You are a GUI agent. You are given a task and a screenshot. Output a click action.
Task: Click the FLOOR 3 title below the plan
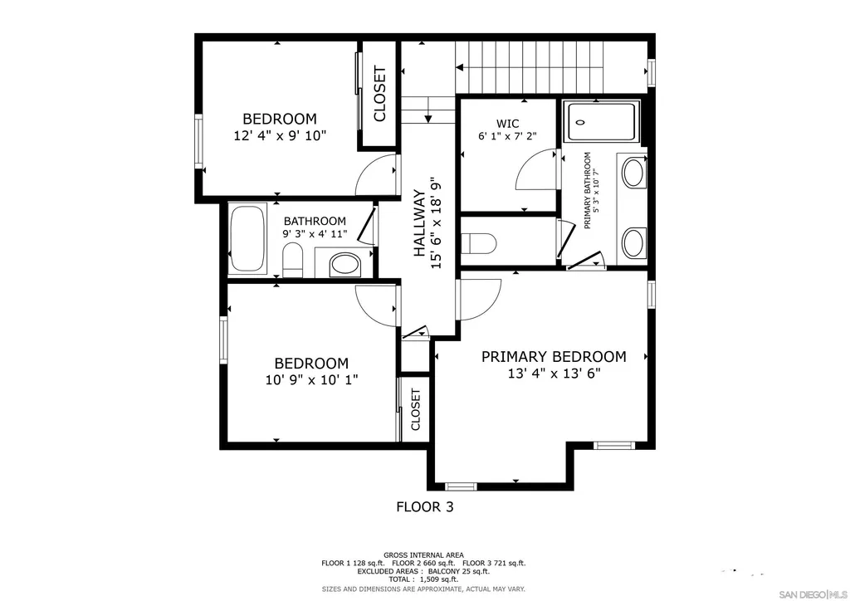[424, 506]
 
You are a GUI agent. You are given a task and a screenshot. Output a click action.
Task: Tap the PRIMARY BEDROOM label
[554, 357]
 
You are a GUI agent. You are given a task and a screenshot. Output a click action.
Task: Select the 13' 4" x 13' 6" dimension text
[554, 374]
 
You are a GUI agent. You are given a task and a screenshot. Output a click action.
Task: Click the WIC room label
[507, 124]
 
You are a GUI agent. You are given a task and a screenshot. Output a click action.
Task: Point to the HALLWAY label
[419, 222]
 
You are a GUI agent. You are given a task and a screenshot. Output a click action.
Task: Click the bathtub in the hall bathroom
[247, 238]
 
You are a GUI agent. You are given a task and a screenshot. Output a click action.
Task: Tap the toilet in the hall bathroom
[293, 260]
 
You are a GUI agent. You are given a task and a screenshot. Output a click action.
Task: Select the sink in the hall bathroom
[344, 265]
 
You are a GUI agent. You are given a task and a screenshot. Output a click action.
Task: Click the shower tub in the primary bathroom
[602, 121]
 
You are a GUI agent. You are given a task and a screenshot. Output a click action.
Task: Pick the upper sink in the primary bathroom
[633, 173]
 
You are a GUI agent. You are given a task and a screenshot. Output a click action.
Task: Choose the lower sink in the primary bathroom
[633, 242]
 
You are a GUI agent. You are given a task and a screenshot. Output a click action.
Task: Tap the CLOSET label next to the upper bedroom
[379, 94]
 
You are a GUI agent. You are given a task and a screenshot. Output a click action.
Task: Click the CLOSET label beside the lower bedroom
[416, 410]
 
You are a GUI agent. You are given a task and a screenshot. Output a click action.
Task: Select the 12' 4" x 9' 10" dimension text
[280, 135]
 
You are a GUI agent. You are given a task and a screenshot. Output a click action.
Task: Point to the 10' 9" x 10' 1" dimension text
[311, 380]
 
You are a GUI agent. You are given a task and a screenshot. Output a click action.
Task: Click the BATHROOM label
[315, 221]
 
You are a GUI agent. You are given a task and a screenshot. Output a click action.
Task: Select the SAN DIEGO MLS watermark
[812, 594]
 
